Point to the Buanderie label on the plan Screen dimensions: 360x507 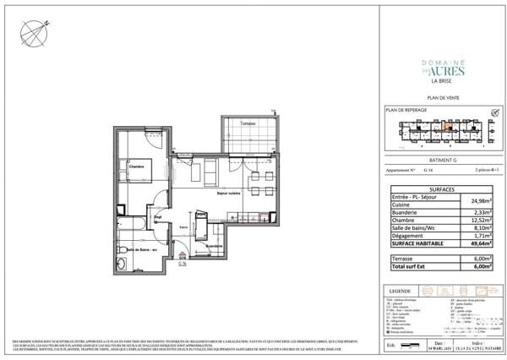click(x=201, y=246)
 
